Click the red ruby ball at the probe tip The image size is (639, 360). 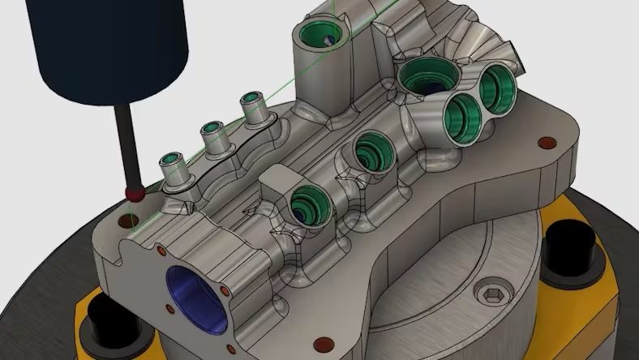[x=131, y=193]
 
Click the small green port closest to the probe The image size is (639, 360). [x=173, y=160]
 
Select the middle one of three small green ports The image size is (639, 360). [x=212, y=129]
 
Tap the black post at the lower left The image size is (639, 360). [x=95, y=320]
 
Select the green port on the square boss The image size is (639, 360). [x=307, y=202]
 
